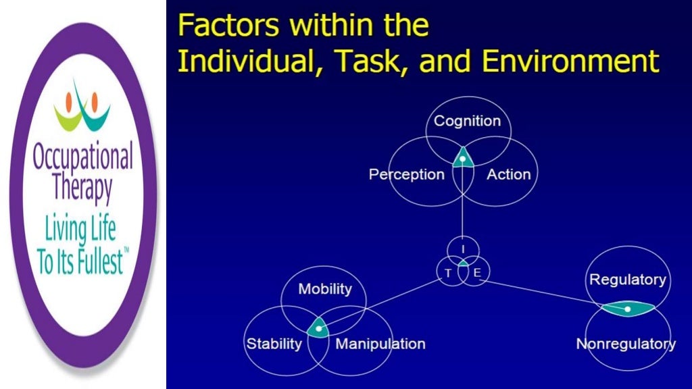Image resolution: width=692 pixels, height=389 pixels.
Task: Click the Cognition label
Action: click(x=467, y=122)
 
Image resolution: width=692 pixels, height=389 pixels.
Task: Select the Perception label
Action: click(x=406, y=174)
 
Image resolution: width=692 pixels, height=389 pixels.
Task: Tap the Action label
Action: click(x=509, y=174)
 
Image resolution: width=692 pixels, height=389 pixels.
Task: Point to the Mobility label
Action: click(x=325, y=289)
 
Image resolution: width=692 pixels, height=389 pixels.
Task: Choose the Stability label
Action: click(x=274, y=344)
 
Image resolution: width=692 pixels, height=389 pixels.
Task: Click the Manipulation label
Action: click(x=380, y=344)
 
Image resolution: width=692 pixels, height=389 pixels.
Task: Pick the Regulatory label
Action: click(x=628, y=280)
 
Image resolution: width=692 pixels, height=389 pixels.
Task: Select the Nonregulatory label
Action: click(x=625, y=344)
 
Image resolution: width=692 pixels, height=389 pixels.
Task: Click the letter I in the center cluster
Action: click(x=463, y=250)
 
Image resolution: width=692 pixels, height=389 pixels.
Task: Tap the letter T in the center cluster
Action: click(x=447, y=273)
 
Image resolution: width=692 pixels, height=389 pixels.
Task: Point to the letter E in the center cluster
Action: click(x=476, y=273)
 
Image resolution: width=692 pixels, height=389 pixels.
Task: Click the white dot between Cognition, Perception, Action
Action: click(x=462, y=159)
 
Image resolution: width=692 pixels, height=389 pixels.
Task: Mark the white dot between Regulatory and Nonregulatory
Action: click(x=628, y=309)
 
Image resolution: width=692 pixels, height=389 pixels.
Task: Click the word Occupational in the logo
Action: click(x=82, y=159)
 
